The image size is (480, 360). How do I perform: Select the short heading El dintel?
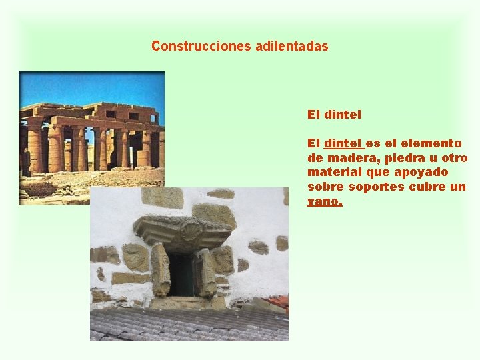tap(334, 115)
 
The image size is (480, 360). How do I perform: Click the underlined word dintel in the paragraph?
tap(343, 143)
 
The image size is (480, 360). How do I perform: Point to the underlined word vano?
tap(324, 201)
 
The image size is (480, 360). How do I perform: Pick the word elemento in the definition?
tap(433, 143)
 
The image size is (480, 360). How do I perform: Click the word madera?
tap(347, 158)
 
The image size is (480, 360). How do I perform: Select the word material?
tap(331, 173)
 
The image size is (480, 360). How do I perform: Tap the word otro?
tap(455, 158)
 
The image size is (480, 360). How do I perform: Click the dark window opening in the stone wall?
tap(181, 273)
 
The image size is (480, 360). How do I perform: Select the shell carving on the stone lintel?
tap(191, 231)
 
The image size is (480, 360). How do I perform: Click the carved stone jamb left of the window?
tap(161, 270)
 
